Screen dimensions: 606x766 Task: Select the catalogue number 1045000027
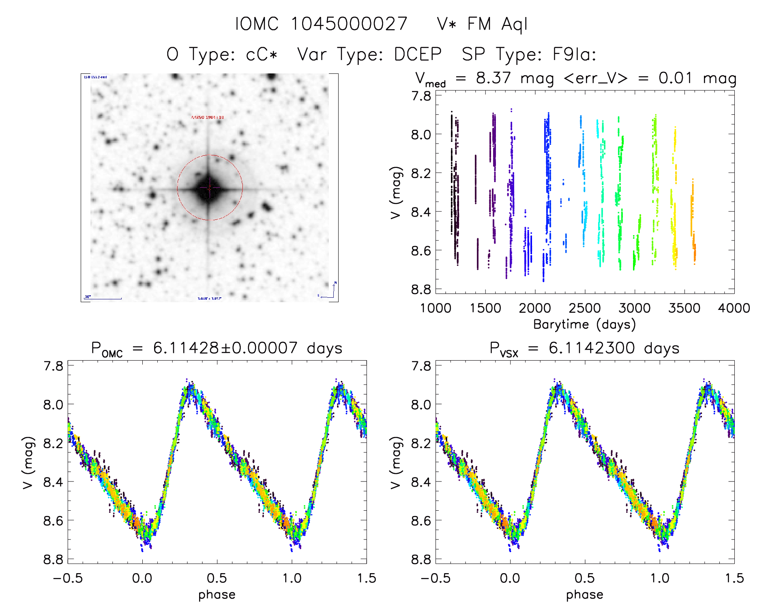(349, 24)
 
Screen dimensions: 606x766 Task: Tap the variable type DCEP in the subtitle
(418, 54)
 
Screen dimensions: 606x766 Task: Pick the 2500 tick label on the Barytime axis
(584, 308)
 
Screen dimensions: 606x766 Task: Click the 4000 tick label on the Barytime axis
(734, 308)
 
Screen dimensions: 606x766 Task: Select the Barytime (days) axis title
(584, 324)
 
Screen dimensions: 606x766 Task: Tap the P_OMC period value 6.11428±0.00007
(225, 348)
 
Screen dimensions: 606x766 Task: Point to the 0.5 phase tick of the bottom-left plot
(217, 578)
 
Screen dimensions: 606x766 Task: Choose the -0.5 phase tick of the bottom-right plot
(435, 578)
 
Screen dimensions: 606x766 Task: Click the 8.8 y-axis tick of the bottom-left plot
(54, 559)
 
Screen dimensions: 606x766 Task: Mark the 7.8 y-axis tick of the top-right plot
(421, 96)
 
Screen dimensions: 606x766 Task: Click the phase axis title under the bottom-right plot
(584, 595)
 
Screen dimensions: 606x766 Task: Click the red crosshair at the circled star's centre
(210, 188)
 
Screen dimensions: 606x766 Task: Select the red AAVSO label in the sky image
(207, 118)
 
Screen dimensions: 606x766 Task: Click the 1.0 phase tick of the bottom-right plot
(659, 578)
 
